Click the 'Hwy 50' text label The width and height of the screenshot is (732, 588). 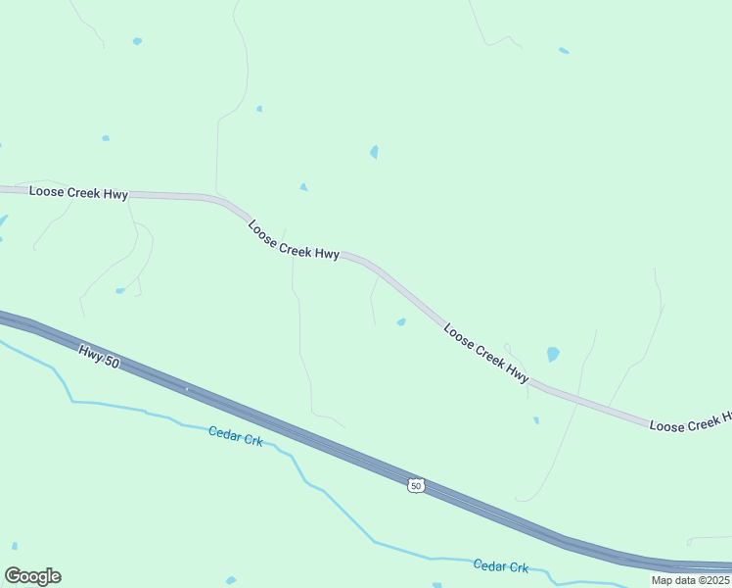point(99,355)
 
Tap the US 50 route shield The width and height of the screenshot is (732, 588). point(417,486)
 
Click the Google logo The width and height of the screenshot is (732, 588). point(32,576)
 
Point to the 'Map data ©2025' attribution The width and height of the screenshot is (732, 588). point(691,580)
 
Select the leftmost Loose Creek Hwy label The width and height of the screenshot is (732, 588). point(78,193)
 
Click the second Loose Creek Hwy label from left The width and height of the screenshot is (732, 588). point(294,240)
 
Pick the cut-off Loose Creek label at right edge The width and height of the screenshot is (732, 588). point(690,422)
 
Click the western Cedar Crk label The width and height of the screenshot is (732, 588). point(235,436)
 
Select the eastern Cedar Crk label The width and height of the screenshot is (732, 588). point(500,566)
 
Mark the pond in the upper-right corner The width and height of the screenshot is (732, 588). point(564,51)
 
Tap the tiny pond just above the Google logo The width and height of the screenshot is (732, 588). point(15,546)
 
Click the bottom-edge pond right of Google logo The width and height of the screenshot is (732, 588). point(231,580)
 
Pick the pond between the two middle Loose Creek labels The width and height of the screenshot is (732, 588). point(401,321)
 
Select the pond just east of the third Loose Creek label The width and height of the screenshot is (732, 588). point(553,354)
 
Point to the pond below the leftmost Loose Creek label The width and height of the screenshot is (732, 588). point(120,290)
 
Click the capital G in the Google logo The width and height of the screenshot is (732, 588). point(13,576)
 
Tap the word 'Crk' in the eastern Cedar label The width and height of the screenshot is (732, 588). point(518,567)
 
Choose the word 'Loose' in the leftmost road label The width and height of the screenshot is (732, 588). point(46,192)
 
